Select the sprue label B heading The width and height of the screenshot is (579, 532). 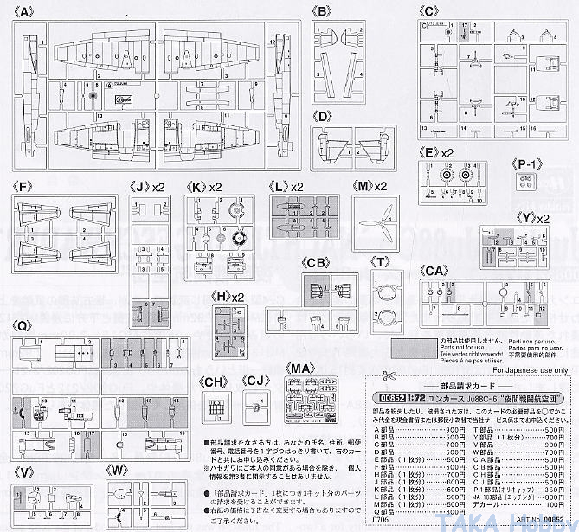pyautogui.click(x=323, y=12)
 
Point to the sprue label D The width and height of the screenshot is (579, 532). pyautogui.click(x=323, y=116)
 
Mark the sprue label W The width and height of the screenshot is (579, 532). pyautogui.click(x=119, y=471)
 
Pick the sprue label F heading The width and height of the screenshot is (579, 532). pyautogui.click(x=23, y=185)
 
